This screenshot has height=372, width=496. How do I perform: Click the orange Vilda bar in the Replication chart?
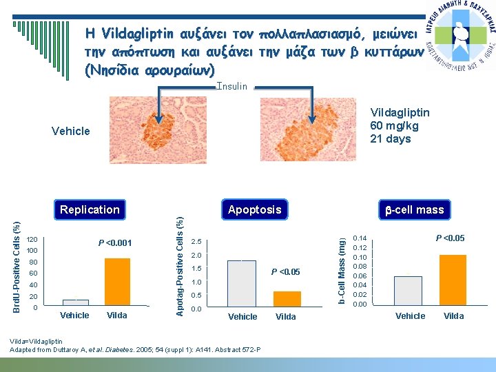point(117,281)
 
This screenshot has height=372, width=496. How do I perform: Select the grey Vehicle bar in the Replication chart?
point(75,302)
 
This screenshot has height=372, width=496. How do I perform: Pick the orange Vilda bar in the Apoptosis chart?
point(287,298)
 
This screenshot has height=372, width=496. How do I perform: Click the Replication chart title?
point(90,209)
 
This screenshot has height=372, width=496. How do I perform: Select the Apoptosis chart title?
point(255,209)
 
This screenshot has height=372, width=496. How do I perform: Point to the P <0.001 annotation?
point(114,242)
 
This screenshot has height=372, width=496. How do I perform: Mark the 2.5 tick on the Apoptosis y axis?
point(196,242)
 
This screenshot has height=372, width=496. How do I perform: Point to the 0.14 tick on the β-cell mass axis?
point(360,239)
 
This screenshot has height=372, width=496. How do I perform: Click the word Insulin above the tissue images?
point(231,87)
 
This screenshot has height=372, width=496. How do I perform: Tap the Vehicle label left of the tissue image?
point(71,131)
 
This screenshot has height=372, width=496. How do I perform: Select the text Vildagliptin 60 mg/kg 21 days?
point(400,125)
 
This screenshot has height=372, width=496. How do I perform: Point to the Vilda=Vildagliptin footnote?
point(37,341)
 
